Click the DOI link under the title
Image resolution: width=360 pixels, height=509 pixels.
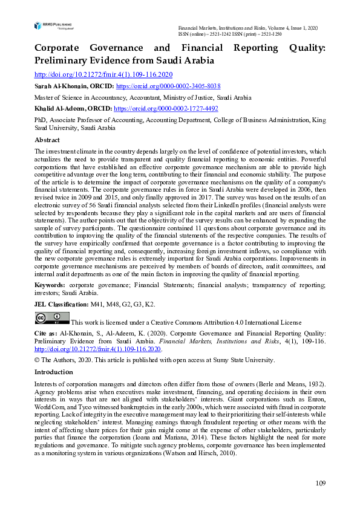pyautogui.click(x=103, y=74)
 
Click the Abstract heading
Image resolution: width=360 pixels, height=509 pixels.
pyautogui.click(x=47, y=140)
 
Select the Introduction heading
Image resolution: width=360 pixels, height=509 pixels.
pyautogui.click(x=54, y=372)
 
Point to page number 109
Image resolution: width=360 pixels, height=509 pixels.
pyautogui.click(x=320, y=483)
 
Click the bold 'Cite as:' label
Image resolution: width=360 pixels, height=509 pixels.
pyautogui.click(x=47, y=334)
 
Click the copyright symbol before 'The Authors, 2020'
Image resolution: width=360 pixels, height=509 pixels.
pyautogui.click(x=37, y=360)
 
